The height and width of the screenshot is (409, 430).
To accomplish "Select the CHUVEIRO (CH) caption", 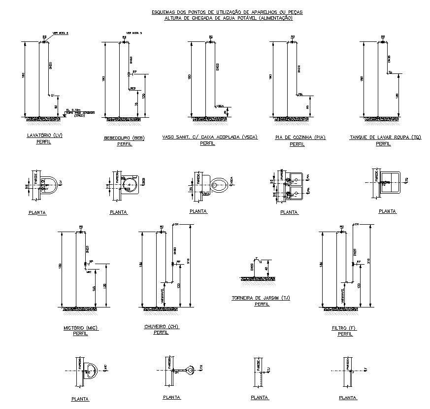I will click(x=161, y=326).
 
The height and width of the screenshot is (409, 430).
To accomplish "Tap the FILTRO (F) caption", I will click(x=344, y=328).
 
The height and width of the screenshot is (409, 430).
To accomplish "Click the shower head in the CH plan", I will click(x=190, y=369).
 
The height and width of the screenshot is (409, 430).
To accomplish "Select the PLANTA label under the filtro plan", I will click(x=348, y=397).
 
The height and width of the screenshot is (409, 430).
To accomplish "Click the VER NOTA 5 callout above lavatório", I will click(x=61, y=33).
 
